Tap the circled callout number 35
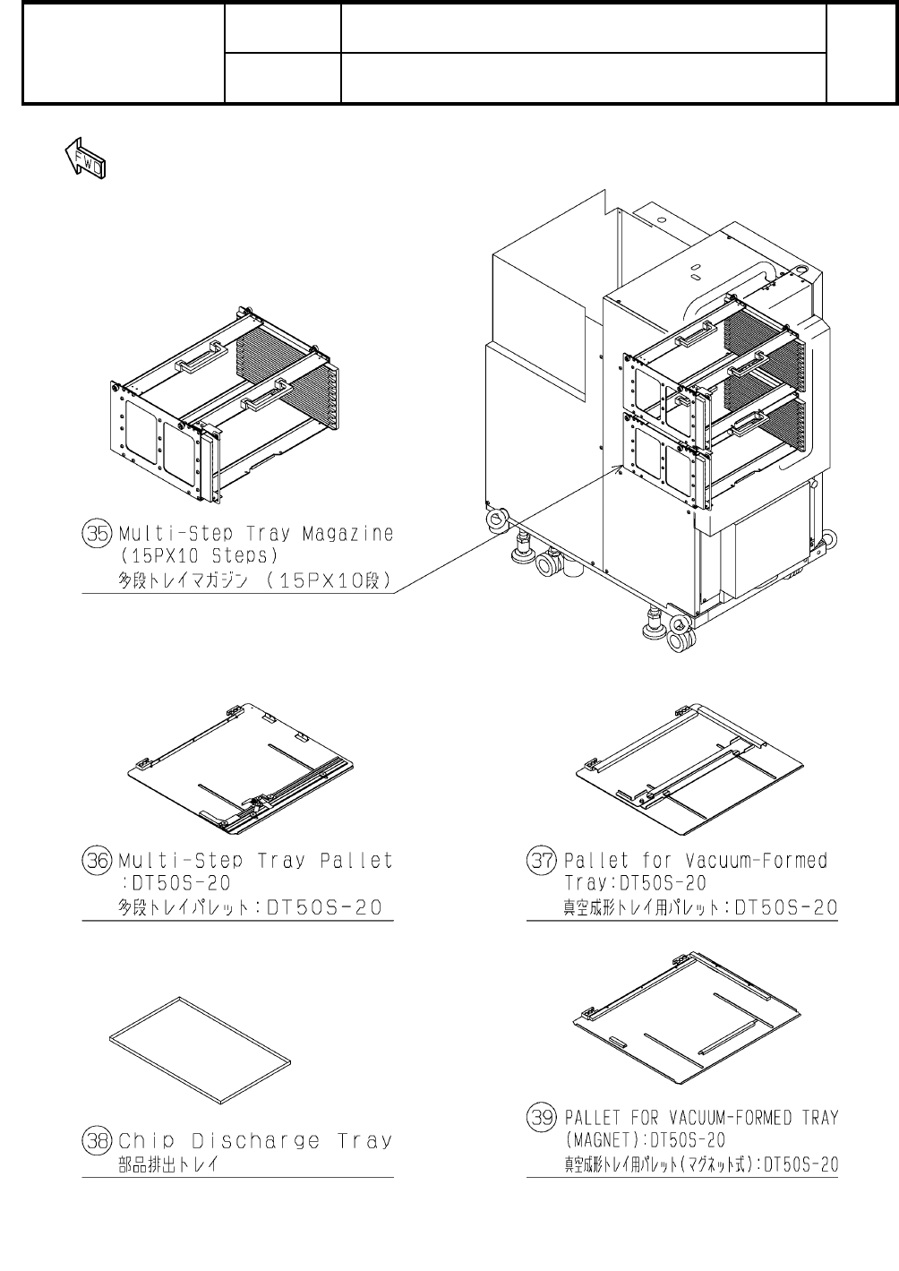coord(95,534)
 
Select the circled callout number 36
coord(95,861)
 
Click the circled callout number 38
coord(95,1140)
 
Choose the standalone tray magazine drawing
coord(226,412)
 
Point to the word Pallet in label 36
coord(357,861)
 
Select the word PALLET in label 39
coord(593,1118)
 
